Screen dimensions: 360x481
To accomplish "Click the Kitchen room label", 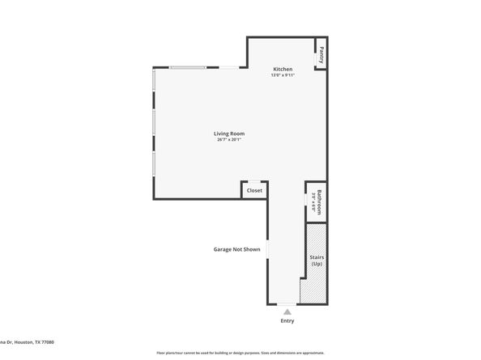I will click(x=282, y=69).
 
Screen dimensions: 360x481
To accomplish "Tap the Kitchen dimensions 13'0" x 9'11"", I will click(x=282, y=75).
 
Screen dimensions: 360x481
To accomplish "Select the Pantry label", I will click(x=321, y=56).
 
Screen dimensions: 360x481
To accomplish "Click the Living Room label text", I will click(x=229, y=133).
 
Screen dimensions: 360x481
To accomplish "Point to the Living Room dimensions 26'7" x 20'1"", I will click(x=229, y=140).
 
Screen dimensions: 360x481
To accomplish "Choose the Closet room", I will click(x=254, y=190).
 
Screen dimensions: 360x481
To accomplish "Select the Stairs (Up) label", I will click(x=317, y=260).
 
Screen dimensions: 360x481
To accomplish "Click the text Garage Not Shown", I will click(x=236, y=249).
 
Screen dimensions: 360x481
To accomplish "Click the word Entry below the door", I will click(x=287, y=320).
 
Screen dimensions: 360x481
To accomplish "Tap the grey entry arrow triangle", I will click(x=287, y=311).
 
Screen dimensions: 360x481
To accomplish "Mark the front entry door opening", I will click(x=287, y=304).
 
